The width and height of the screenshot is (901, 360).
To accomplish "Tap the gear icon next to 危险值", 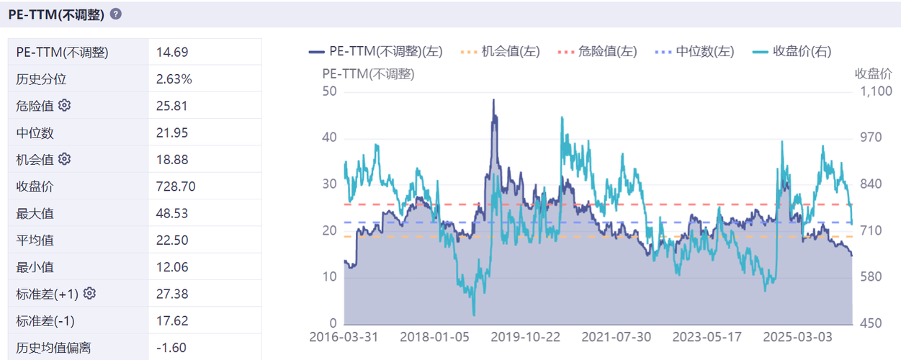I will click(x=64, y=105).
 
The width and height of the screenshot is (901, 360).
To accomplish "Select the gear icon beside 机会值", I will click(x=64, y=158).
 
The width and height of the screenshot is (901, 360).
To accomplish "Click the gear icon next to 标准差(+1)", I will click(x=89, y=293).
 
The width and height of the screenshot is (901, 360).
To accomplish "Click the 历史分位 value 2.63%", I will click(x=174, y=78).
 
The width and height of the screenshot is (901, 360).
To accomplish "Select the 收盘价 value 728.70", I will click(x=176, y=186).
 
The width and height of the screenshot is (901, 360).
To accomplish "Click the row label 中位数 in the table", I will click(x=35, y=132).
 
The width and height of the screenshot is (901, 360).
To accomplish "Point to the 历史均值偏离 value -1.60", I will click(x=171, y=348).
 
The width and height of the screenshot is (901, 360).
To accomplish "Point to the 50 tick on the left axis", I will click(x=330, y=91).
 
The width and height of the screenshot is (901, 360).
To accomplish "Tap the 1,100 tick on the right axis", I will click(x=871, y=91).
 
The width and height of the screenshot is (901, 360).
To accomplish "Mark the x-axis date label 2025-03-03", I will click(x=797, y=337).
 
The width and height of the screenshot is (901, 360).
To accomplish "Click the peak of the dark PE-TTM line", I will click(x=493, y=99).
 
